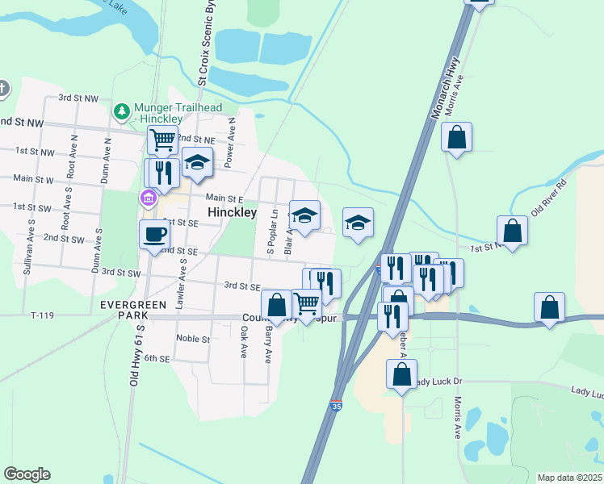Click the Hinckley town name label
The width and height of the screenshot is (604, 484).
[232, 212]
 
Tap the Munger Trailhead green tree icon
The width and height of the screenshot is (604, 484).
[122, 111]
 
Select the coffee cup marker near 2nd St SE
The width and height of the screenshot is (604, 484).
[154, 235]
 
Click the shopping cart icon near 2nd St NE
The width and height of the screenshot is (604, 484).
[162, 140]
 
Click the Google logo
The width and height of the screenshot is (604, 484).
[27, 474]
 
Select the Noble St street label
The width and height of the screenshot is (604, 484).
[193, 339]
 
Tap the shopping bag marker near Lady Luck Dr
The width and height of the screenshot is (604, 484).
[401, 374]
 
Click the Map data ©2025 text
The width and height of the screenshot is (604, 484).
[569, 478]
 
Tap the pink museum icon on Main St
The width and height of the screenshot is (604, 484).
[148, 198]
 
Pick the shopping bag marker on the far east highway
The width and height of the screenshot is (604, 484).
[549, 307]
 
